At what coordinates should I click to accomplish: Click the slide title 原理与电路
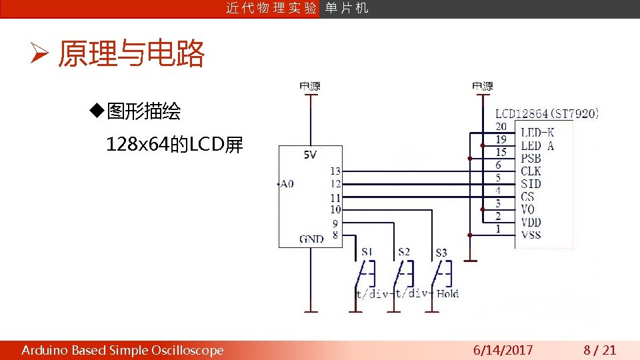pyautogui.click(x=131, y=55)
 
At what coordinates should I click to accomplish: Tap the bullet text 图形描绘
pyautogui.click(x=143, y=111)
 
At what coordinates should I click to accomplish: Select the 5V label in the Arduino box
pyautogui.click(x=310, y=155)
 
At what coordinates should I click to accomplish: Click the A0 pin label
pyautogui.click(x=286, y=184)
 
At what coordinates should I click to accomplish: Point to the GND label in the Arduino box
pyautogui.click(x=311, y=239)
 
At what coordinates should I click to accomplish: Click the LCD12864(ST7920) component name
pyautogui.click(x=547, y=114)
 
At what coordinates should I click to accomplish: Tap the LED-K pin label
pyautogui.click(x=537, y=133)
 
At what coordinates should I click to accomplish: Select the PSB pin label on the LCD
pyautogui.click(x=531, y=159)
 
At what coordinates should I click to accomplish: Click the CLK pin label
pyautogui.click(x=531, y=171)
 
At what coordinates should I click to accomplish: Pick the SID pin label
pyautogui.click(x=531, y=184)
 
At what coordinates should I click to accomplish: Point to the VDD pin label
pyautogui.click(x=531, y=222)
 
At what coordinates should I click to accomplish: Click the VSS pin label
pyautogui.click(x=531, y=235)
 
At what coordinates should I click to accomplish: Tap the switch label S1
pyautogui.click(x=367, y=252)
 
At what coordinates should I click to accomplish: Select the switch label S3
pyautogui.click(x=441, y=253)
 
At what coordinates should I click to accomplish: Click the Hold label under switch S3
pyautogui.click(x=448, y=293)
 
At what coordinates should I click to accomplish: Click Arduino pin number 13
pyautogui.click(x=335, y=171)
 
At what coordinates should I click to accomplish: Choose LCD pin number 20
pyautogui.click(x=501, y=127)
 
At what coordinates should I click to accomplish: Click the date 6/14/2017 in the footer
pyautogui.click(x=503, y=350)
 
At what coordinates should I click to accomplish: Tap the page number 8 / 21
pyautogui.click(x=600, y=350)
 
